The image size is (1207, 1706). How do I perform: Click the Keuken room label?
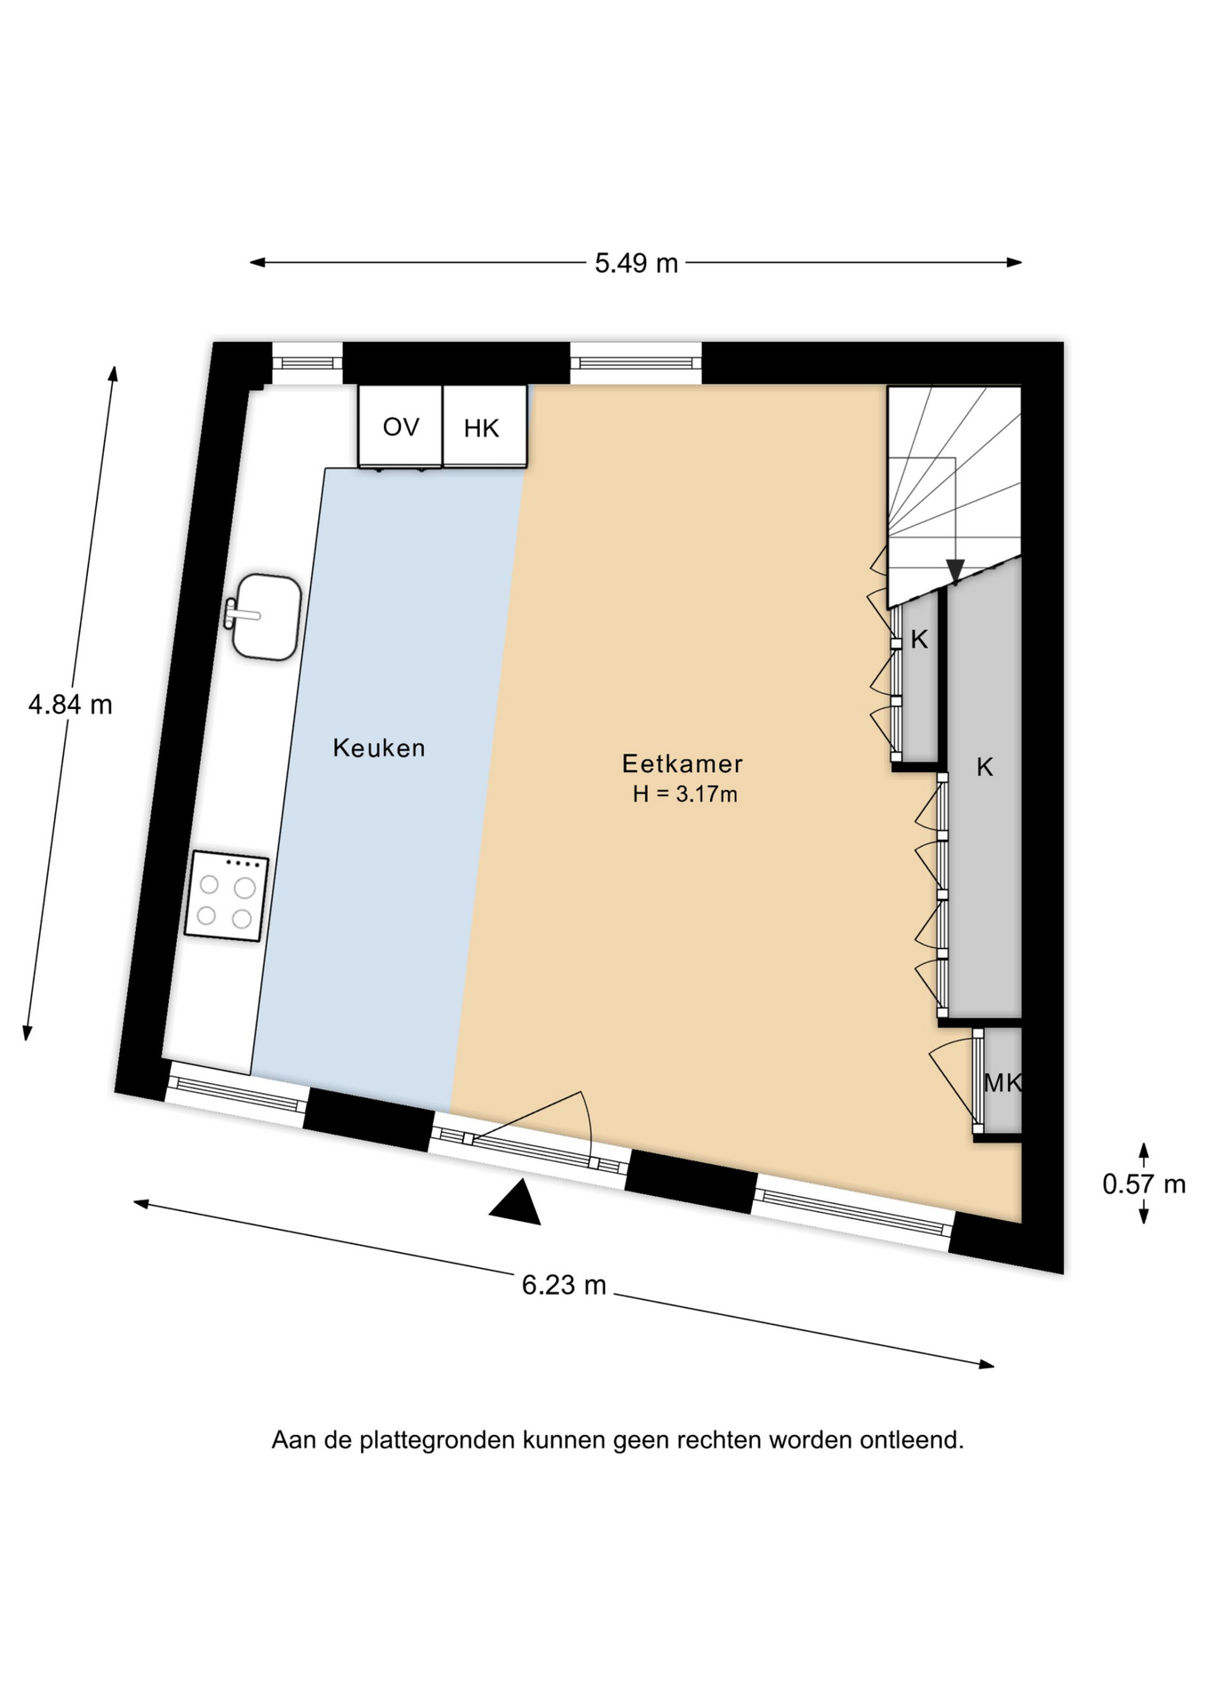(379, 748)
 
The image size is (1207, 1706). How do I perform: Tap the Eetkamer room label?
(682, 763)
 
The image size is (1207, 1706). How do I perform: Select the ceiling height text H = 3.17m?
(684, 794)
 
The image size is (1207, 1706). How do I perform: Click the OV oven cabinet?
(400, 426)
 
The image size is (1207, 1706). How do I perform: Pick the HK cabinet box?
(484, 426)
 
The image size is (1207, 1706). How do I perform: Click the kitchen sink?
(264, 618)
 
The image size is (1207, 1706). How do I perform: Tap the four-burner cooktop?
(227, 896)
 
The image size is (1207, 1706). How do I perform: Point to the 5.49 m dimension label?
(636, 263)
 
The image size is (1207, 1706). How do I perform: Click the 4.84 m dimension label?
(70, 705)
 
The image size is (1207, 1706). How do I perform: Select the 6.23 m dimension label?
(564, 1285)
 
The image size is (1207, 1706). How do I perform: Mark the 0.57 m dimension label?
(1144, 1184)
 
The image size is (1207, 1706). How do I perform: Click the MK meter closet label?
(1003, 1083)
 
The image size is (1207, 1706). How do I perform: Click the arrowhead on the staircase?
(955, 571)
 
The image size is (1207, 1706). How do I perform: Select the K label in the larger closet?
(984, 768)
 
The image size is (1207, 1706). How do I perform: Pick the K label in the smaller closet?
(919, 639)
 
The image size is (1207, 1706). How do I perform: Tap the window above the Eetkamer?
(635, 363)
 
